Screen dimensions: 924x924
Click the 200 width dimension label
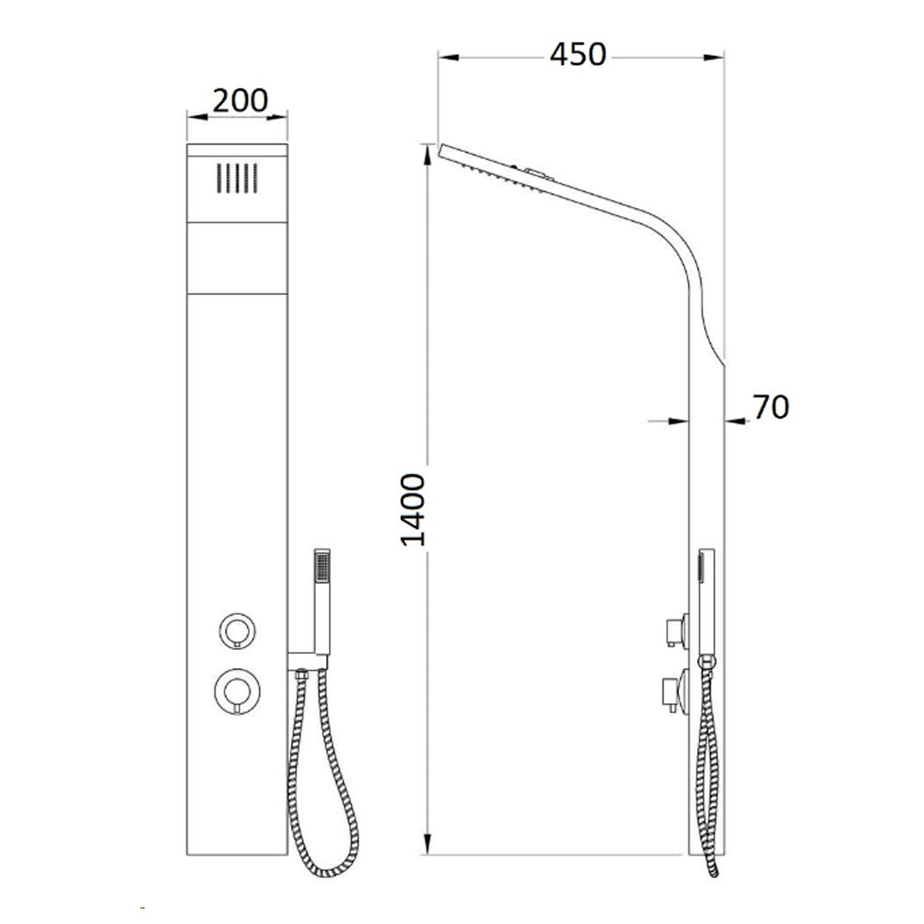(240, 100)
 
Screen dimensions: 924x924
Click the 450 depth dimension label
(578, 54)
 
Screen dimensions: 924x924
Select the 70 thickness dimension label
(771, 407)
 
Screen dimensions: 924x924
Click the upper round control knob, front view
(238, 630)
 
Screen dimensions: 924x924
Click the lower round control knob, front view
(238, 690)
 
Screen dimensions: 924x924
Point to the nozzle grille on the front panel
(237, 178)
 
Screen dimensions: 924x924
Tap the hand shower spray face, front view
(322, 565)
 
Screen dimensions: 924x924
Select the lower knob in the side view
(675, 694)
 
